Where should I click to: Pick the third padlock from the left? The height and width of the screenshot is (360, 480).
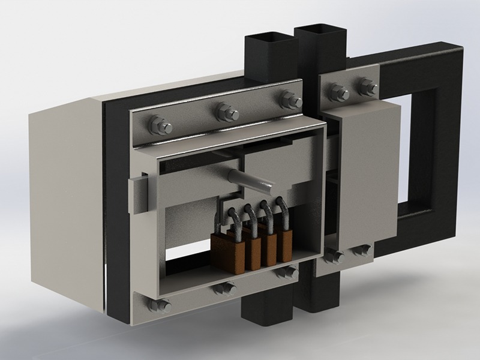tap(269, 249)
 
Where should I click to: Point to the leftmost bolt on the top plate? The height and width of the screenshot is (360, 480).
tap(160, 126)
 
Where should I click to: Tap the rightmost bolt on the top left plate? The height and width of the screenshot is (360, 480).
tap(290, 99)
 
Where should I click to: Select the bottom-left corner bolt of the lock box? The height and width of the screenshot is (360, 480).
tap(159, 306)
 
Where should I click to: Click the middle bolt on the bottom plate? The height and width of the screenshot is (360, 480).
tap(224, 289)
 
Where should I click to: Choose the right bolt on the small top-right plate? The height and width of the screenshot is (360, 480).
tap(367, 87)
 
